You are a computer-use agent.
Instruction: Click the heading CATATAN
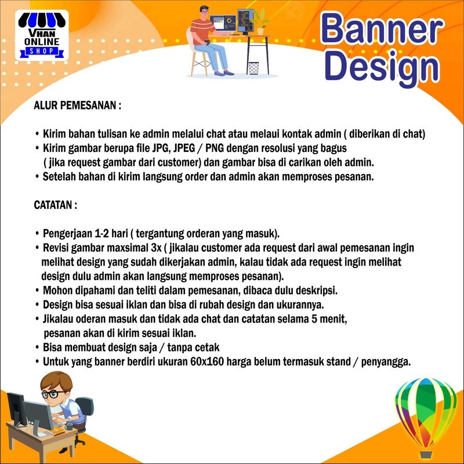click(56, 205)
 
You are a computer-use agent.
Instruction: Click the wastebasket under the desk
click(253, 68)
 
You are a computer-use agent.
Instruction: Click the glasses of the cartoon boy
click(55, 394)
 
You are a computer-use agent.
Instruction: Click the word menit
click(339, 319)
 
